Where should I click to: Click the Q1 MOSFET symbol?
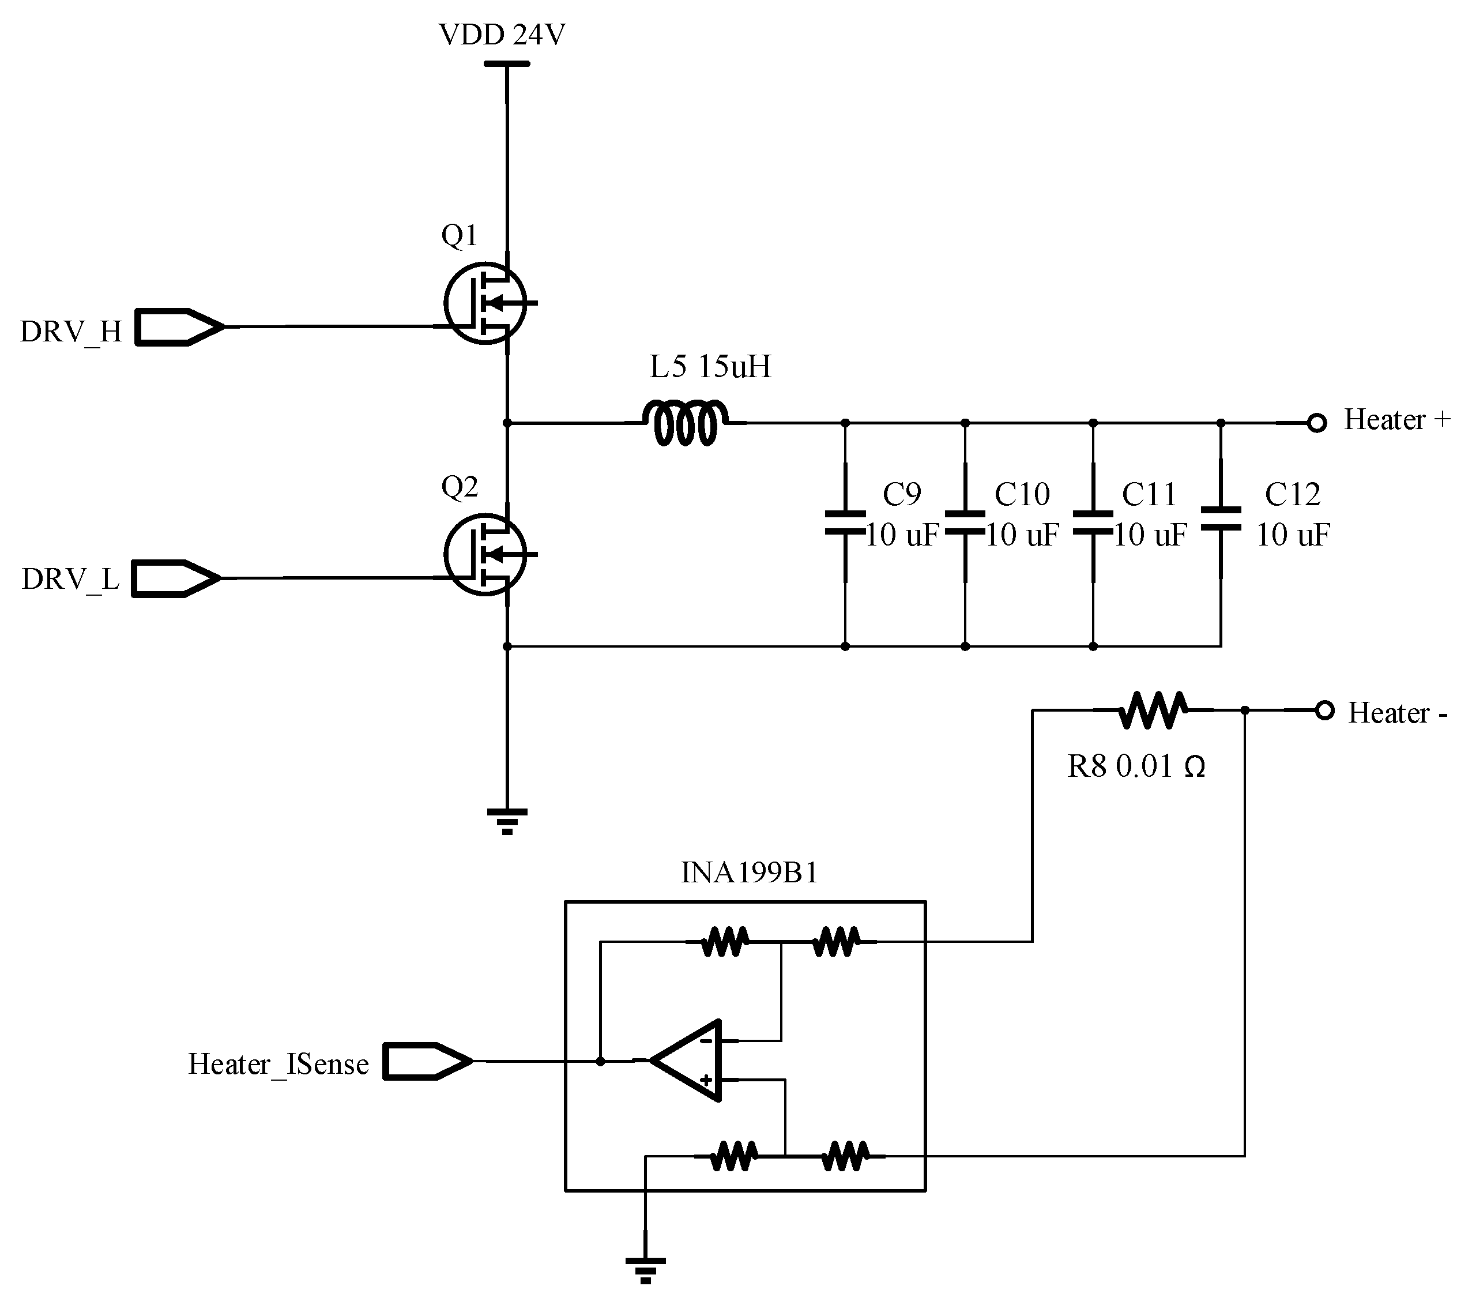(x=485, y=303)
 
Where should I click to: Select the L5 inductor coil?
(x=686, y=424)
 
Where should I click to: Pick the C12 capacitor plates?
(x=1221, y=518)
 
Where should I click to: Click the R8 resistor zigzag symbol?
(x=1152, y=710)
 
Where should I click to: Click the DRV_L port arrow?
(x=176, y=578)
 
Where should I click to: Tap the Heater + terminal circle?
(x=1316, y=423)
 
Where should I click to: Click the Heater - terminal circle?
(x=1324, y=710)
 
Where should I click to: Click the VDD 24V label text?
(x=502, y=34)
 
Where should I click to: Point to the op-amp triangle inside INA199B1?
(x=688, y=1061)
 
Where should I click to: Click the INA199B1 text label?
(x=749, y=873)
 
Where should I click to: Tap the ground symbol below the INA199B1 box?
(x=645, y=1270)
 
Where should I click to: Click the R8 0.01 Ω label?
(x=1136, y=766)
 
